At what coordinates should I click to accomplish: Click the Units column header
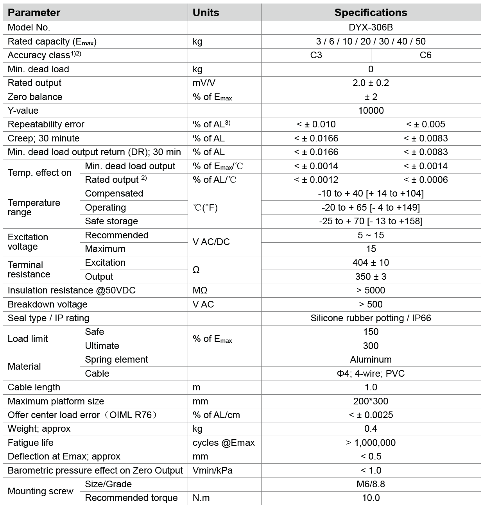tap(206, 13)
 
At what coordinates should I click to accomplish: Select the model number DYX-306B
tap(371, 27)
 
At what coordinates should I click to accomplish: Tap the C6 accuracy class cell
tap(425, 55)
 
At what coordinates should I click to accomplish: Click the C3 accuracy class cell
tap(316, 55)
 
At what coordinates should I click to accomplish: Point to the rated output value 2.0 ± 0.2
tap(371, 83)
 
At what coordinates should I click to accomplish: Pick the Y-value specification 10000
tap(371, 111)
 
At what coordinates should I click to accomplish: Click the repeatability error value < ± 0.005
tap(425, 124)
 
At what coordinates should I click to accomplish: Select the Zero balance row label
tap(35, 97)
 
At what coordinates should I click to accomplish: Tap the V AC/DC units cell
tap(211, 242)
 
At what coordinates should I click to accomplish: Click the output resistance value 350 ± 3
tap(371, 277)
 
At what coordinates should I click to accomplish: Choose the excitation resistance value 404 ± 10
tap(371, 263)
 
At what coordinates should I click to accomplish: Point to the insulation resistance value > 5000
tap(371, 290)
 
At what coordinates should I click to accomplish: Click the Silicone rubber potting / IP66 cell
tap(371, 318)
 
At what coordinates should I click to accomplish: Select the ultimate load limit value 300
tap(371, 346)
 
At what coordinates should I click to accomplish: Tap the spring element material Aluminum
tap(371, 359)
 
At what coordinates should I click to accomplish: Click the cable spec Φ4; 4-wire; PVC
tap(371, 374)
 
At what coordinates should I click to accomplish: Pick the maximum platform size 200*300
tap(371, 401)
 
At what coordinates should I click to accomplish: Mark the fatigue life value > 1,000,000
tap(371, 443)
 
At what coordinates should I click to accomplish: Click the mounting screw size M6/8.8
tap(371, 484)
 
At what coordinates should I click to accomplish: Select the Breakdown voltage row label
tap(47, 304)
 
